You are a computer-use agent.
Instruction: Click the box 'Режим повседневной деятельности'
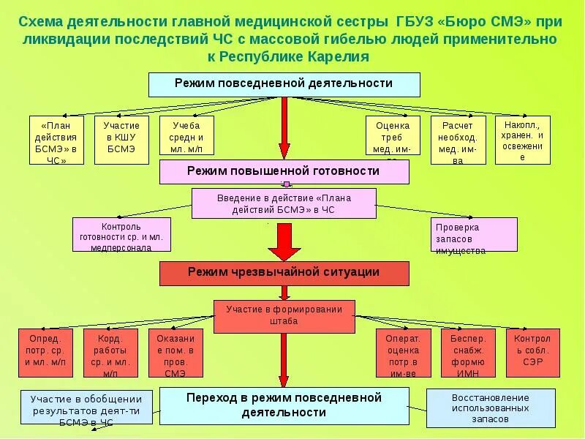[284, 84]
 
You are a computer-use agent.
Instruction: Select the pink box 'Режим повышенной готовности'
[284, 172]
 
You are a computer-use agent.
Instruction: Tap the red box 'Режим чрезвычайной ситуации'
[284, 273]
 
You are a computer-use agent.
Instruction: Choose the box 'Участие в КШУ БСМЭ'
[121, 137]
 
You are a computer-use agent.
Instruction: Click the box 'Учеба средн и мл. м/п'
[186, 137]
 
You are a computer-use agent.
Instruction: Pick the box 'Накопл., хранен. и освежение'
[522, 140]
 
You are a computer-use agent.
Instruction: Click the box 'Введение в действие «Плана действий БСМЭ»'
[284, 203]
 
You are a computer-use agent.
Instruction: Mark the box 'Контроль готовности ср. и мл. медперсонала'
[121, 234]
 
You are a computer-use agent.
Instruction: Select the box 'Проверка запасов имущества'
[473, 234]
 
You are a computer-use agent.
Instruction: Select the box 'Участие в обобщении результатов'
[86, 409]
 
